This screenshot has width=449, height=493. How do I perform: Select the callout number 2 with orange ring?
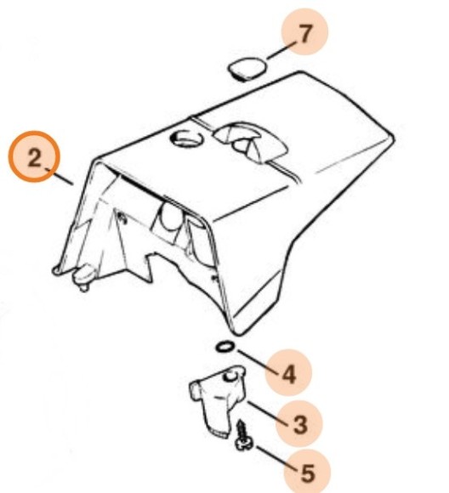click(x=34, y=157)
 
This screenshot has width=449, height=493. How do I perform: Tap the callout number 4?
click(x=289, y=374)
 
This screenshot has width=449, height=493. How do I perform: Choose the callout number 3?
click(x=299, y=424)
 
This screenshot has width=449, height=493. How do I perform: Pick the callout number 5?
click(x=308, y=473)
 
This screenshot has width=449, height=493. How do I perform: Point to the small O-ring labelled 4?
click(x=225, y=347)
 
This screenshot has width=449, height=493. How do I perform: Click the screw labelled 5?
click(x=243, y=436)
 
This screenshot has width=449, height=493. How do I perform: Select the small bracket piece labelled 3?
click(x=218, y=399)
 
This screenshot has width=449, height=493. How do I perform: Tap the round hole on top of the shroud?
click(x=186, y=138)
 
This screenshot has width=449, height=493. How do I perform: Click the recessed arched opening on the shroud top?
click(x=251, y=142)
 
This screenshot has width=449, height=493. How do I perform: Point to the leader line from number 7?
click(x=282, y=50)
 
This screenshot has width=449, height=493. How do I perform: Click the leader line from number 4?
click(x=259, y=362)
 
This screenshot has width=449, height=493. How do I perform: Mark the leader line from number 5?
click(x=276, y=459)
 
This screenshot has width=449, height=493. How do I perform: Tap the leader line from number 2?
click(x=60, y=177)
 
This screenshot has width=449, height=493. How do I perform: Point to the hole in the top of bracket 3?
click(x=231, y=376)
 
